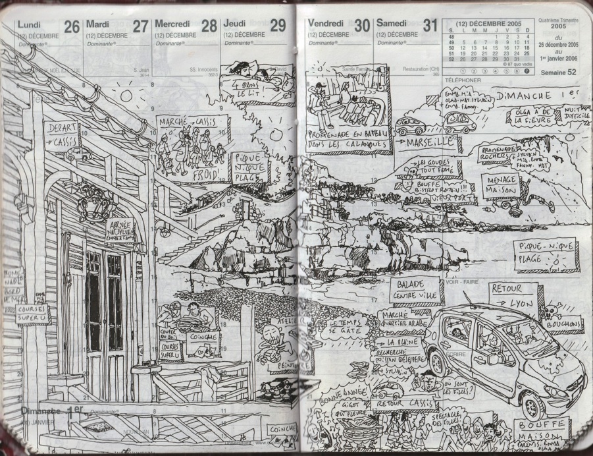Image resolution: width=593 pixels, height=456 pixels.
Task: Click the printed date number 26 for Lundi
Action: pyautogui.click(x=72, y=27)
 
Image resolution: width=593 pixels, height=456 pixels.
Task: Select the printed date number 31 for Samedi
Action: pyautogui.click(x=430, y=27)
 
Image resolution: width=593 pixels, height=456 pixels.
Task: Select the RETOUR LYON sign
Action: pyautogui.click(x=514, y=296)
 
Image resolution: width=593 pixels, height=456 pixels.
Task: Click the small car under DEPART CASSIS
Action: pyautogui.click(x=78, y=156)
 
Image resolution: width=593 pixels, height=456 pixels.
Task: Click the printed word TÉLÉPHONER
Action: pyautogui.click(x=463, y=80)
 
